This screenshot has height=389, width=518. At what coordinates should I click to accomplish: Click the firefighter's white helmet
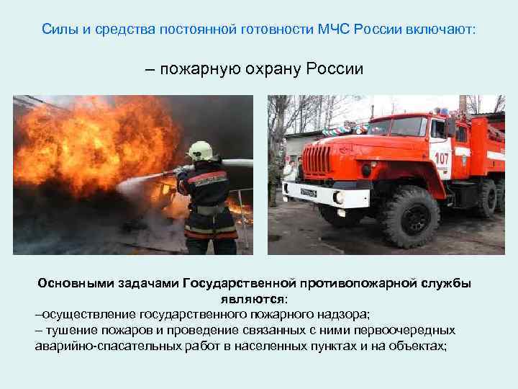[201, 150]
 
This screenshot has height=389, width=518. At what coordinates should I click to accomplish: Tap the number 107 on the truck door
[442, 156]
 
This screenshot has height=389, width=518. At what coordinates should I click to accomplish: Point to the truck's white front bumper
[315, 192]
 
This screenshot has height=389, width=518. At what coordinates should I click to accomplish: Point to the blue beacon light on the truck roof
[442, 109]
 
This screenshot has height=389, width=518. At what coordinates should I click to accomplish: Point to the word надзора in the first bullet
[337, 315]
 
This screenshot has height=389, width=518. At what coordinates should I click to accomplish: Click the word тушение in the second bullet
[68, 331]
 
